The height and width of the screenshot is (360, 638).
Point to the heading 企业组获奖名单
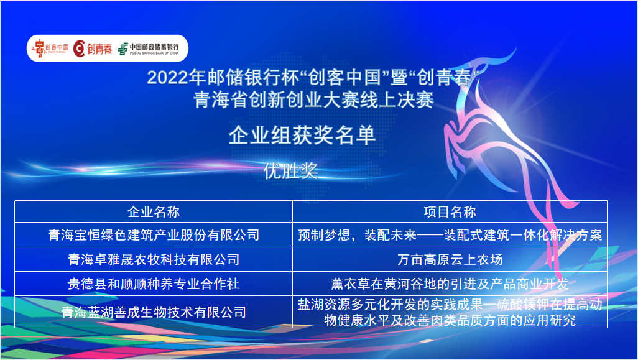click(x=302, y=136)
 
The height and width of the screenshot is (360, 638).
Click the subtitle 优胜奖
click(x=290, y=171)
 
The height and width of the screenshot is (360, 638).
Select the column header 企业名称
click(x=154, y=211)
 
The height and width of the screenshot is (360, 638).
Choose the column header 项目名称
click(x=450, y=211)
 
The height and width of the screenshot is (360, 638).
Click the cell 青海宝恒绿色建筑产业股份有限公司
click(x=154, y=234)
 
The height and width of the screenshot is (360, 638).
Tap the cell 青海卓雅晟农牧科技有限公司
click(x=154, y=259)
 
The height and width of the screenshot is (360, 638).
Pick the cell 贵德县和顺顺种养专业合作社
click(x=154, y=284)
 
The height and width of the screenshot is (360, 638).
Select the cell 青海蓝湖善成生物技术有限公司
click(x=154, y=312)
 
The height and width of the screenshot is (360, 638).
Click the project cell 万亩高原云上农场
click(x=450, y=259)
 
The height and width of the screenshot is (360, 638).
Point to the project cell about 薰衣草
click(x=450, y=284)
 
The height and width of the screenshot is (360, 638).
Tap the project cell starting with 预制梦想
click(x=450, y=234)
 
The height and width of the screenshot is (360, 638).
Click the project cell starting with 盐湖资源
click(x=450, y=312)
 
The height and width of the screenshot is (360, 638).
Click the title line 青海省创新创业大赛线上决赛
click(x=313, y=100)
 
